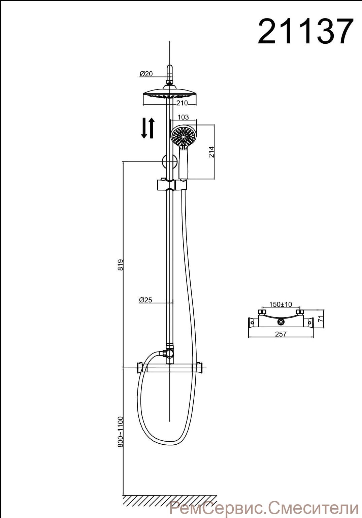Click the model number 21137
point(305,31)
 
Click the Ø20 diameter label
point(146,74)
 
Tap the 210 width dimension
point(182,103)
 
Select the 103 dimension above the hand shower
point(183,117)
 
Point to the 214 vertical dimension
point(211,152)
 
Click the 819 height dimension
point(120,265)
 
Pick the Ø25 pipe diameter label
point(145,300)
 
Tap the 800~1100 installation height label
point(120,432)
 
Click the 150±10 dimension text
point(281,304)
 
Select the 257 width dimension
point(281,334)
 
